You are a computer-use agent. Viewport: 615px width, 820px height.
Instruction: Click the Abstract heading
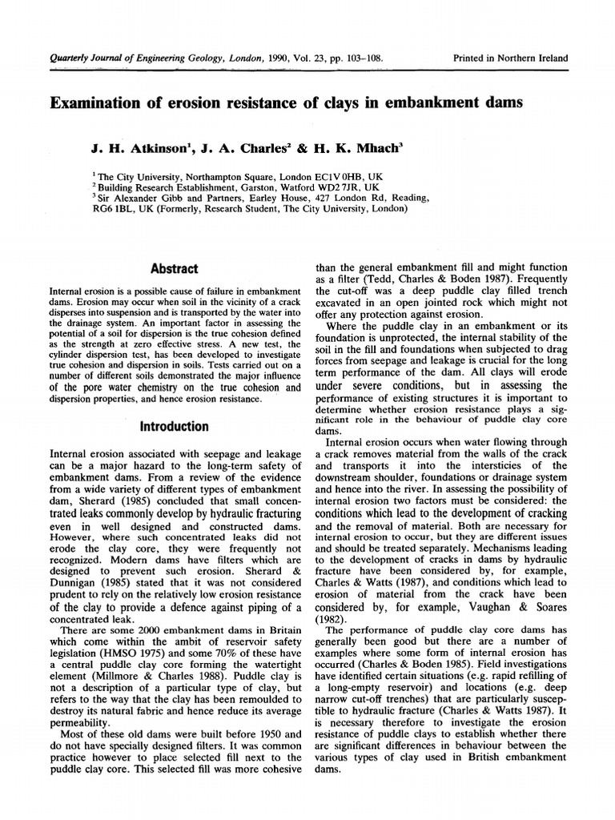click(x=175, y=269)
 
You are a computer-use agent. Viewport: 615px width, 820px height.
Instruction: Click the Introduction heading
click(x=175, y=426)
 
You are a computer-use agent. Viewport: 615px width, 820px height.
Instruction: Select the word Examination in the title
click(x=101, y=102)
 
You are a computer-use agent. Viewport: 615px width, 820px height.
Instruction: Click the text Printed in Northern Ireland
click(x=510, y=58)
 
